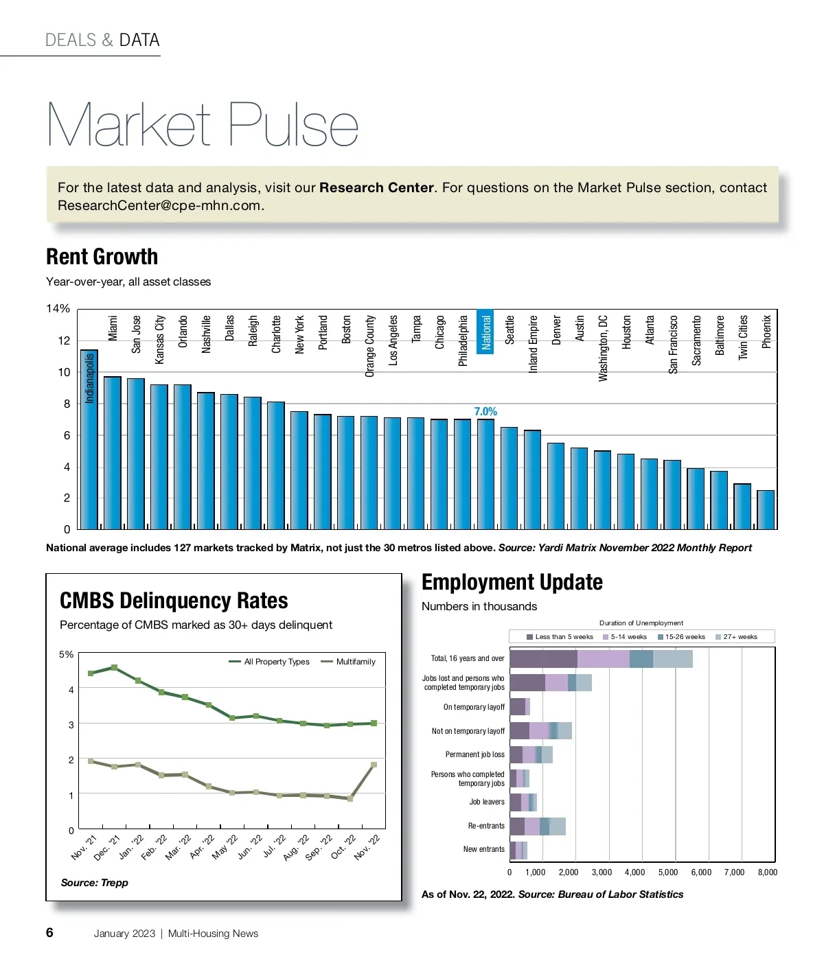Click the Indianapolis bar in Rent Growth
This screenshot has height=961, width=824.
89,439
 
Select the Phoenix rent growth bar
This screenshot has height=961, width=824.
766,509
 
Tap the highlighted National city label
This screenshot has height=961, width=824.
486,332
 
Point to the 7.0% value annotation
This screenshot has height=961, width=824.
485,411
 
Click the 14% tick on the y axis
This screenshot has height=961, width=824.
58,309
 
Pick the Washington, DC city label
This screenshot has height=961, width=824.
603,348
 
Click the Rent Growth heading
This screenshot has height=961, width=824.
102,257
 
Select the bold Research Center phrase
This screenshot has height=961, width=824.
376,187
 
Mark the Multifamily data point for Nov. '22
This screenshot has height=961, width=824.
374,764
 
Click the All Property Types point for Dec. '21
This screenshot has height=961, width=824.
114,667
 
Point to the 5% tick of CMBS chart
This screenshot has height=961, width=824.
66,654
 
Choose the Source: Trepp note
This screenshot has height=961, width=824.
95,883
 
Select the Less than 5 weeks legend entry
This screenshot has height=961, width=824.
560,637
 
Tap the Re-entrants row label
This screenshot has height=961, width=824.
486,826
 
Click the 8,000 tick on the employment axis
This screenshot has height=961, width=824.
767,872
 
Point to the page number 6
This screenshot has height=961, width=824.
49,932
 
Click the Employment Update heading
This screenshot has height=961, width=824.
512,582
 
